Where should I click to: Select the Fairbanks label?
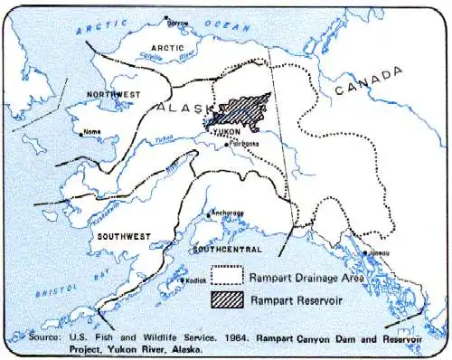pos(246,143)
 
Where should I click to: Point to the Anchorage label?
pos(227,213)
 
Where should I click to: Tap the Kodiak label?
pos(199,280)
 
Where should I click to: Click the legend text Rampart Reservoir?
pos(297,298)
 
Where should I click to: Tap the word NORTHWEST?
pos(114,94)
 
